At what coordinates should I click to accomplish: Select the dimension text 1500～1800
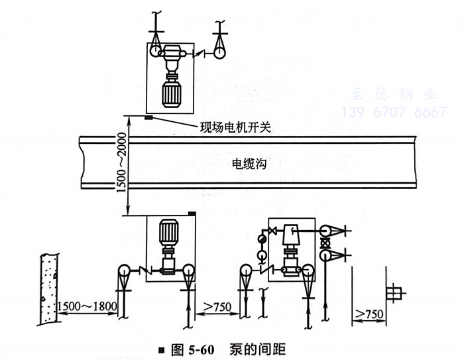(87, 306)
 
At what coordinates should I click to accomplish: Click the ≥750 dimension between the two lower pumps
(213, 306)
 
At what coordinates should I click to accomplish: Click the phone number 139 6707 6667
(394, 113)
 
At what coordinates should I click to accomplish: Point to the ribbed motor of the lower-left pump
(168, 231)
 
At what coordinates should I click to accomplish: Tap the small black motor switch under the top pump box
(149, 118)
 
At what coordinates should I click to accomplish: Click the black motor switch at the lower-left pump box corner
(192, 213)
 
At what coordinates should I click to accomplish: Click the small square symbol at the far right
(395, 290)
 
